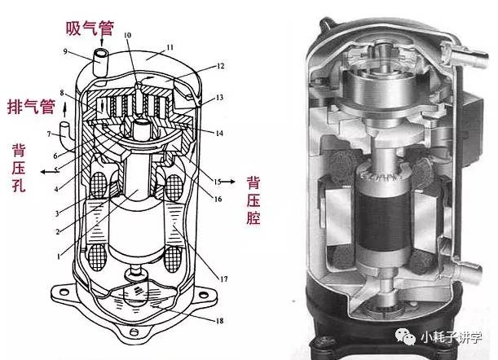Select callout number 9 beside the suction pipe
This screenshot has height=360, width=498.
65,51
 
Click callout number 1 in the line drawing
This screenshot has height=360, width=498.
58,257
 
